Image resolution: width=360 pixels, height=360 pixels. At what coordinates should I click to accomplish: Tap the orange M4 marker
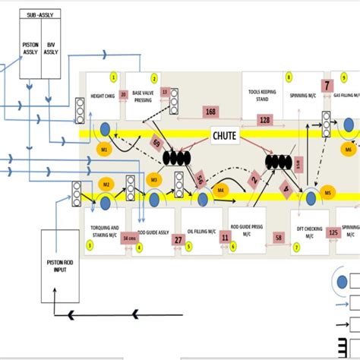222,190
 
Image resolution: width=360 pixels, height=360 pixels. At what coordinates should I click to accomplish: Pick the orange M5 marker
328,194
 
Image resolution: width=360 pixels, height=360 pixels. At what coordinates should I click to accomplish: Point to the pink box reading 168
210,112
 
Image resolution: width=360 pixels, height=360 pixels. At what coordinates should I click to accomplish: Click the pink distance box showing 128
265,120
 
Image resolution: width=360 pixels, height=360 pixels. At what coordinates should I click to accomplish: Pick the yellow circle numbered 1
114,77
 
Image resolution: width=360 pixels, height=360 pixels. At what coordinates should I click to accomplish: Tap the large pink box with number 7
327,86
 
